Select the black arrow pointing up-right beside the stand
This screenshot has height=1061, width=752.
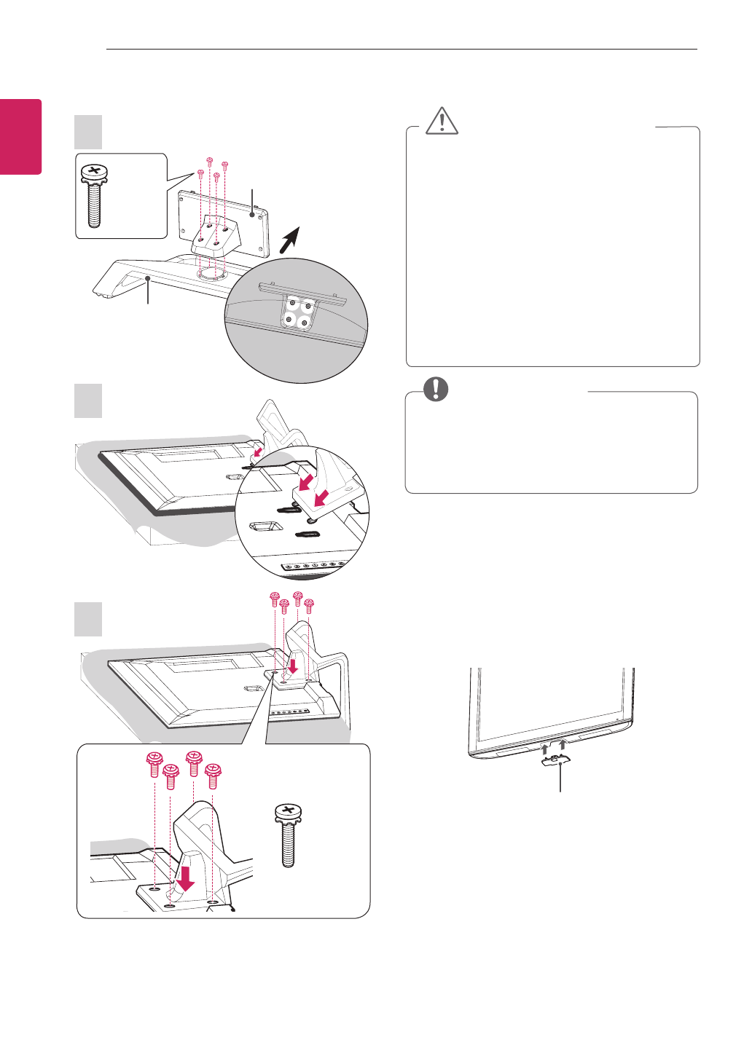[290, 240]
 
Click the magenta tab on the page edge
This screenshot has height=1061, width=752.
[20, 137]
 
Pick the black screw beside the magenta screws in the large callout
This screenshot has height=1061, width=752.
[289, 835]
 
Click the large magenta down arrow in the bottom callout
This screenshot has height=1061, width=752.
[186, 877]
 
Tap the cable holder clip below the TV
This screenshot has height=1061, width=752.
[556, 761]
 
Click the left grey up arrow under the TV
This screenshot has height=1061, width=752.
[544, 749]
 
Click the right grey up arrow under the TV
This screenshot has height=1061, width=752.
[562, 745]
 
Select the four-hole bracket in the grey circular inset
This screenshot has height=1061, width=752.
[299, 312]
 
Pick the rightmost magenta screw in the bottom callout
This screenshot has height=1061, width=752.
[213, 775]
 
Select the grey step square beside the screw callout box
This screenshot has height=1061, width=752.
[88, 132]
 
